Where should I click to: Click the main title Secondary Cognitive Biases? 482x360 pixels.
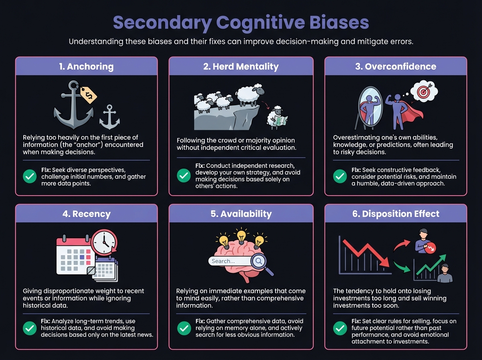coord(241,23)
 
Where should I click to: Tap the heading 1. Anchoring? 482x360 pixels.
coord(86,66)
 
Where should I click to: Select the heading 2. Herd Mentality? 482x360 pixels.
coord(241,66)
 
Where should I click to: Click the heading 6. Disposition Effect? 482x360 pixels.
coord(396,214)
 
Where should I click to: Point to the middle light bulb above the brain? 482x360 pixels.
coord(241,237)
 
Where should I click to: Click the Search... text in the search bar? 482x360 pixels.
coord(223,261)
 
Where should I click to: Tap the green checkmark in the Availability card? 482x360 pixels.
coord(184,328)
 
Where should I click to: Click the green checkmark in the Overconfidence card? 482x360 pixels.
coord(340,176)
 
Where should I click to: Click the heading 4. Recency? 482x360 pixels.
coord(86,214)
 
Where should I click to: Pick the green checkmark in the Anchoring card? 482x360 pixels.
coord(29,176)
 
